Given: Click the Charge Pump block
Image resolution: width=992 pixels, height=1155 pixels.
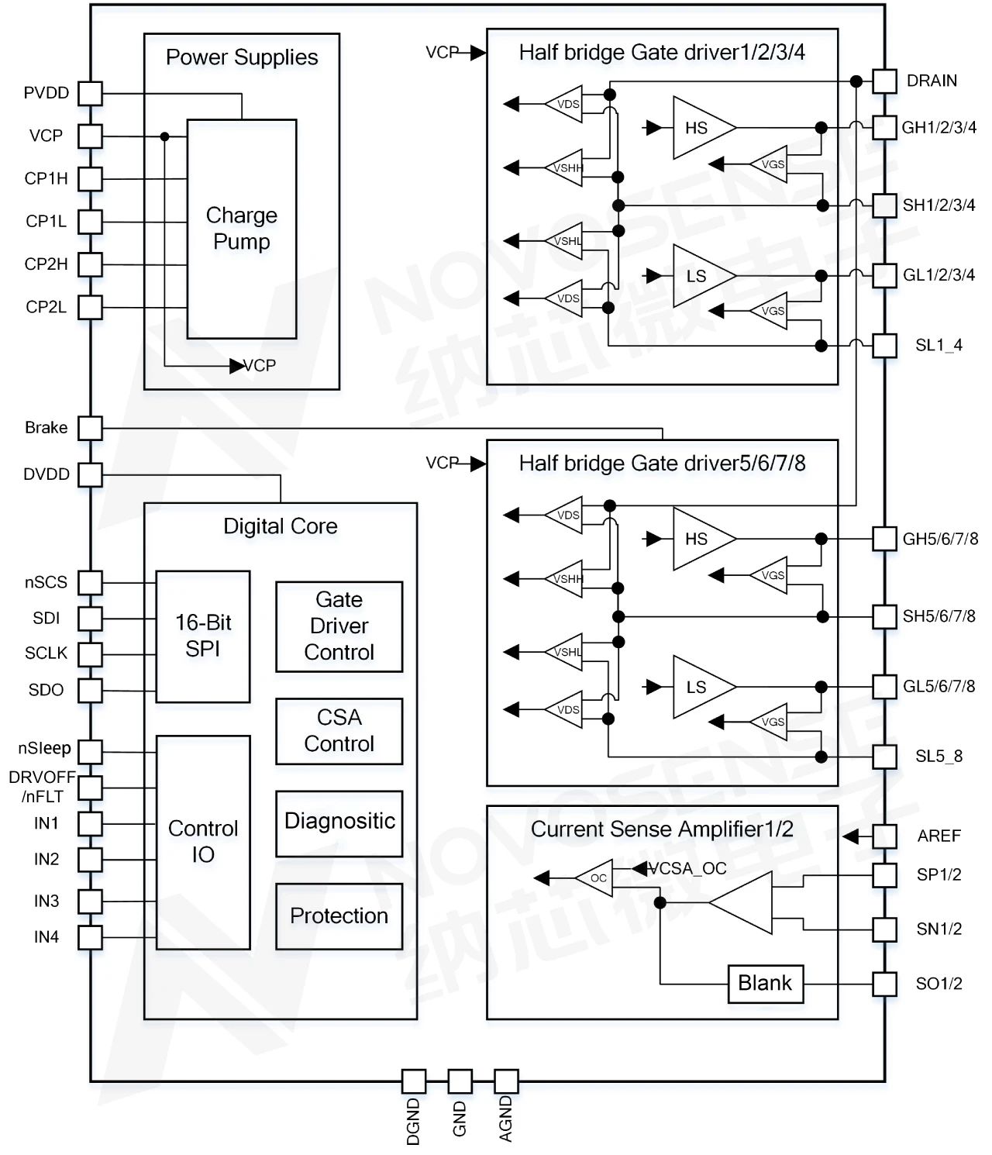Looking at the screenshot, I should pyautogui.click(x=242, y=229).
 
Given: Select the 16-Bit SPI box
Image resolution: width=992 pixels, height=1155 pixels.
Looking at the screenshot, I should pyautogui.click(x=203, y=636).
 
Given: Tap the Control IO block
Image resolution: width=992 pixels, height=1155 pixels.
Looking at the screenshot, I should pyautogui.click(x=203, y=842).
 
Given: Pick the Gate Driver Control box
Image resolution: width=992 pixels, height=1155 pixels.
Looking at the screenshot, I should pyautogui.click(x=339, y=626).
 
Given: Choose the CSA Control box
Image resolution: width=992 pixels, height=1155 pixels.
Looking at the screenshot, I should pyautogui.click(x=339, y=731).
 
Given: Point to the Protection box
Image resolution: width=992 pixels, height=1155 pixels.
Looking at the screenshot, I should pyautogui.click(x=339, y=916).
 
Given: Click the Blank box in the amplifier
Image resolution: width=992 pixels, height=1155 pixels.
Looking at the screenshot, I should pyautogui.click(x=765, y=984).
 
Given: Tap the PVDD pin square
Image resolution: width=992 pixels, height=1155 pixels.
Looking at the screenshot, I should pyautogui.click(x=91, y=94).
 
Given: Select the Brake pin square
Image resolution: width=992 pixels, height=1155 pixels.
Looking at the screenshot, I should pyautogui.click(x=91, y=428).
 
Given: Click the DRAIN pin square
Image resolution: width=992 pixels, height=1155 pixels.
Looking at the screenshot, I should pyautogui.click(x=884, y=81).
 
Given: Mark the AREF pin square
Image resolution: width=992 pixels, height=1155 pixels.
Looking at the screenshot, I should pyautogui.click(x=884, y=836).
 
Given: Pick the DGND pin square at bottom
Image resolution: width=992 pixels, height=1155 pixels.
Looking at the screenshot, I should pyautogui.click(x=414, y=1081).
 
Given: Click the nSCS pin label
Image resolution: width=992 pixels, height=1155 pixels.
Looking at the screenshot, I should pyautogui.click(x=46, y=582).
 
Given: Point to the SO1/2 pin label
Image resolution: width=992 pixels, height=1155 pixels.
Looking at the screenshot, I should pyautogui.click(x=939, y=984).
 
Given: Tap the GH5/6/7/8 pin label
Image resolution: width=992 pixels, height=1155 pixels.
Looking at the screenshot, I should pyautogui.click(x=939, y=539).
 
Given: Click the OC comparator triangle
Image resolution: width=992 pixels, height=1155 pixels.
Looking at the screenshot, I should pyautogui.click(x=596, y=878).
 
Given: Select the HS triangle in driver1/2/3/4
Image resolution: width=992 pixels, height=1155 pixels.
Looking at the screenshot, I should pyautogui.click(x=697, y=128).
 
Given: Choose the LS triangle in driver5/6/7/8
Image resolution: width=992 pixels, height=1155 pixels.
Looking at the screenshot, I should pyautogui.click(x=697, y=687).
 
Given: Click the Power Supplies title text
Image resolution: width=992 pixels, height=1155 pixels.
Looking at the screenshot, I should pyautogui.click(x=242, y=57).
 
